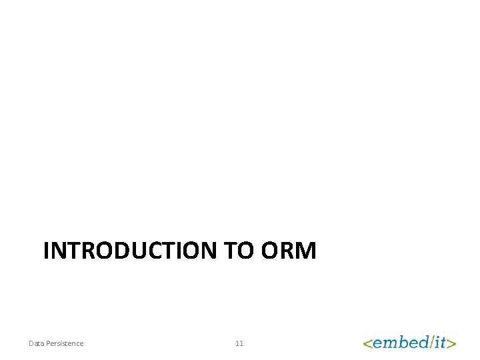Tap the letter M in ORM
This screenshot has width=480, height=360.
pyautogui.click(x=306, y=251)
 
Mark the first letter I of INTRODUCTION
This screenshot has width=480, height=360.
pyautogui.click(x=46, y=251)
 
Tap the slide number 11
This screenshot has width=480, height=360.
pyautogui.click(x=239, y=343)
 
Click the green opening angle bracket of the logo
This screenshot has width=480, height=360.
pyautogui.click(x=367, y=343)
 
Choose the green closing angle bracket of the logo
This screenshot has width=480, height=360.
pyautogui.click(x=452, y=343)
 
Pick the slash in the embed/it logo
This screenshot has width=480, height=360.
pyautogui.click(x=431, y=342)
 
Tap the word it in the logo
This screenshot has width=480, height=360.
pyautogui.click(x=440, y=343)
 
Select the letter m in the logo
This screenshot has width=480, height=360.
pyautogui.click(x=388, y=344)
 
